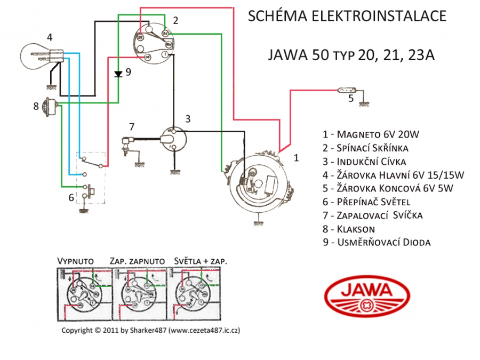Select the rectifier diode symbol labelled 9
pyautogui.click(x=118, y=74)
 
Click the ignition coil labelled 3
pyautogui.click(x=174, y=138)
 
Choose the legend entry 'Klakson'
pyautogui.click(x=356, y=229)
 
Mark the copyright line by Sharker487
pyautogui.click(x=150, y=331)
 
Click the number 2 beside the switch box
pyautogui.click(x=175, y=20)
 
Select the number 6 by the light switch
pyautogui.click(x=71, y=198)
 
